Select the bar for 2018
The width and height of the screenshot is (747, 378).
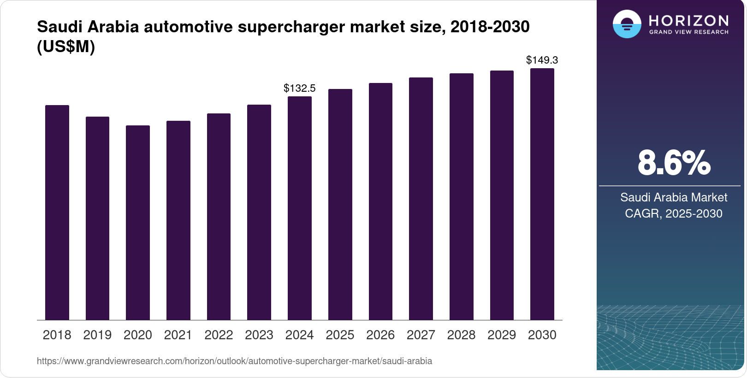[57, 212]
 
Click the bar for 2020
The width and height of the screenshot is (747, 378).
[138, 222]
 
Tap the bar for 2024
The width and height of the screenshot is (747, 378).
[299, 208]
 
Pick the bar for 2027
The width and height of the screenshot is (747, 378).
[421, 198]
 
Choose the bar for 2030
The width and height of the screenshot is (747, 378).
[542, 194]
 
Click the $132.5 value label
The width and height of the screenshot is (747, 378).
[299, 88]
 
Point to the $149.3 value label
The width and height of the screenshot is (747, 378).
[542, 60]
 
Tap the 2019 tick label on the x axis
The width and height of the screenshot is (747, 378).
[97, 335]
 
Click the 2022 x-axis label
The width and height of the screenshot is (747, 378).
[219, 335]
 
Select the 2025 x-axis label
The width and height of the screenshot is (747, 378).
[340, 335]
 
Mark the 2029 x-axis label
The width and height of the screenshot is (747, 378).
[502, 335]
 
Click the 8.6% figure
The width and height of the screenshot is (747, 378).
[674, 163]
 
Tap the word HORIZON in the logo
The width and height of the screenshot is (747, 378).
[689, 20]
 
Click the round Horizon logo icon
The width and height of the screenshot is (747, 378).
[627, 24]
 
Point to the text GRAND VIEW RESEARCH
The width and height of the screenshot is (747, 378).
[689, 32]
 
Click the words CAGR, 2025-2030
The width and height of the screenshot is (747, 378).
[674, 213]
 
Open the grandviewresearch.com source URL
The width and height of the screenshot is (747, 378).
[234, 361]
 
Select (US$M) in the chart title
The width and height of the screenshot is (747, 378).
[66, 47]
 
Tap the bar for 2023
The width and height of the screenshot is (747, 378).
[259, 212]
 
